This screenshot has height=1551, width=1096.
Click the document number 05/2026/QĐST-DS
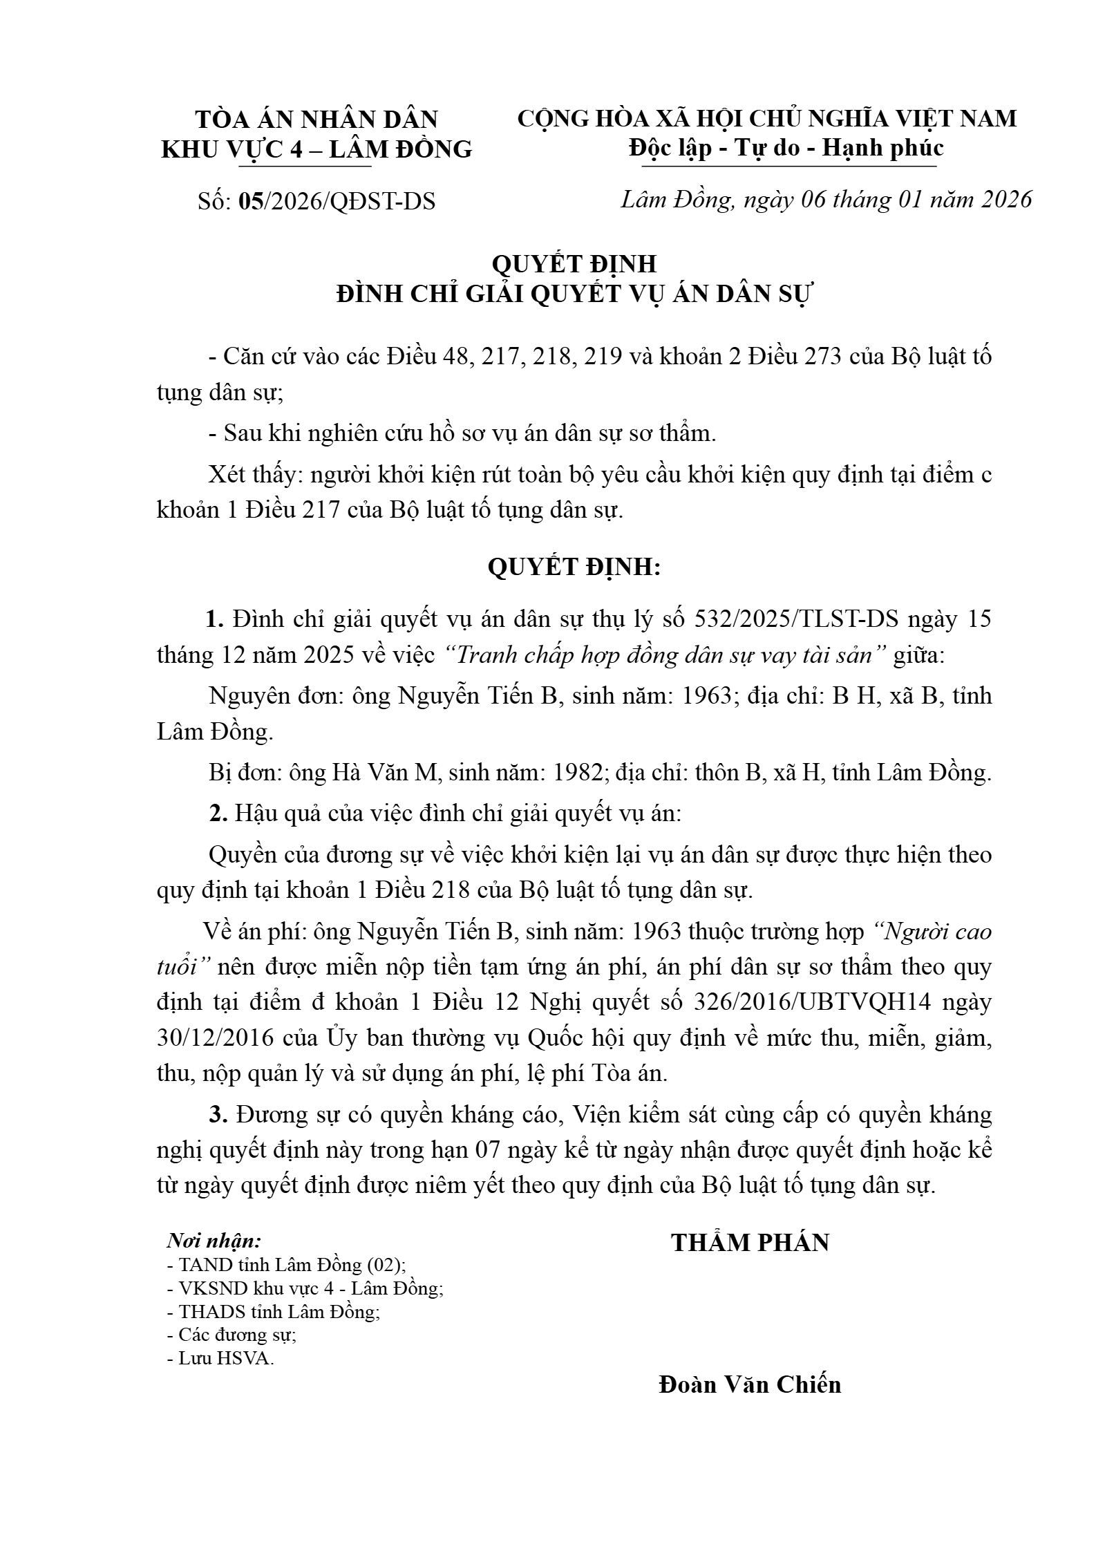point(337,201)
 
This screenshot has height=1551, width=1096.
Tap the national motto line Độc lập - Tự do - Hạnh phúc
point(786,148)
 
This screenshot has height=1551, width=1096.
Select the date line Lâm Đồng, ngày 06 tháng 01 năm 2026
point(826,200)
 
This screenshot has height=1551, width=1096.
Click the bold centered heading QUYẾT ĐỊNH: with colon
point(574,567)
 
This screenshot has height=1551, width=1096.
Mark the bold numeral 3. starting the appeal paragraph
point(218,1114)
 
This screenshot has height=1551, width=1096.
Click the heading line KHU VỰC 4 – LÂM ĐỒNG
point(316,149)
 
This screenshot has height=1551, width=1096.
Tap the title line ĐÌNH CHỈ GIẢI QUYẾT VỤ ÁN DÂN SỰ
point(575,294)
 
